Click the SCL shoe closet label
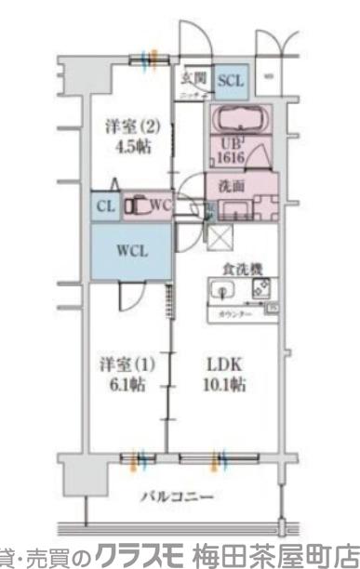(x=231, y=81)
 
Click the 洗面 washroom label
(x=232, y=185)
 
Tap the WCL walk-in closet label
(x=129, y=250)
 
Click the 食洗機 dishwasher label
(x=241, y=270)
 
